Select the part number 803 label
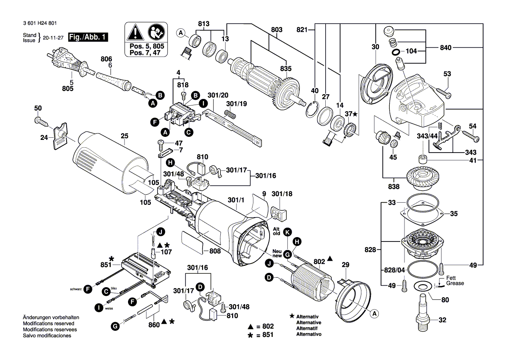click(x=276, y=30)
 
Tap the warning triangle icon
click(x=135, y=33)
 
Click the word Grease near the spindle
click(x=455, y=283)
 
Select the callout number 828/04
click(x=394, y=270)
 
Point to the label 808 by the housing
click(x=215, y=251)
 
